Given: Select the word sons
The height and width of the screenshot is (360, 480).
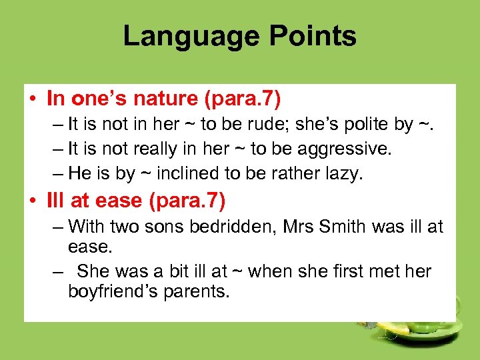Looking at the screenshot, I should [x=163, y=227].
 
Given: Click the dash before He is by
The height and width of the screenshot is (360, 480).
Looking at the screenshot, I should [x=57, y=173].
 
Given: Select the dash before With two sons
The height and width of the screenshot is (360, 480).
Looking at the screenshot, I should [x=57, y=227].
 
